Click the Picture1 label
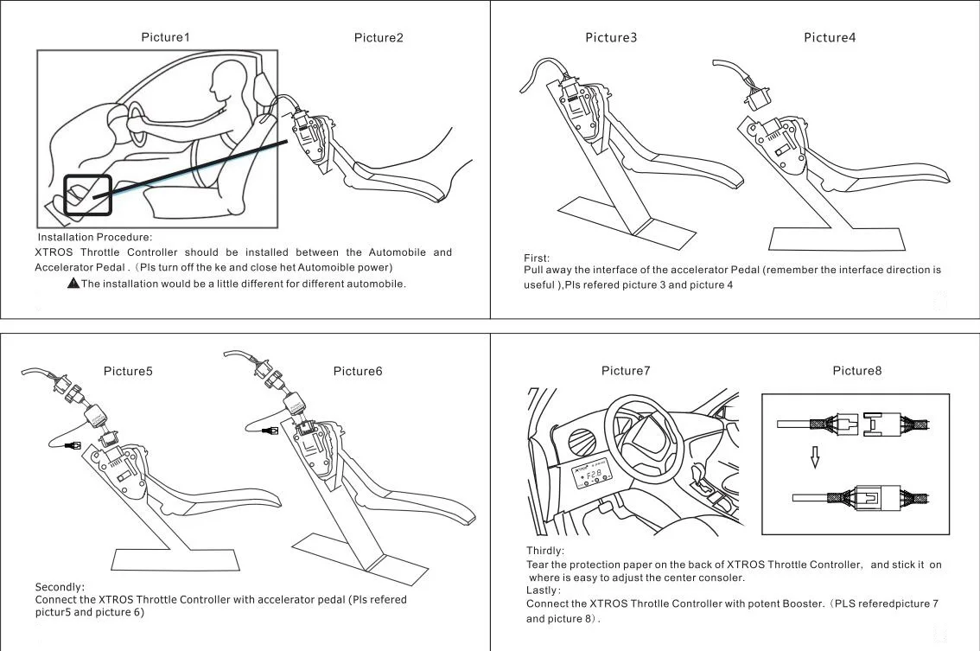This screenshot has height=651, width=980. click(x=165, y=37)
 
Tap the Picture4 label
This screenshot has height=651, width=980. click(x=830, y=37)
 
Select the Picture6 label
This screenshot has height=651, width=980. click(x=357, y=371)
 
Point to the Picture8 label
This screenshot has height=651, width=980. click(x=857, y=371)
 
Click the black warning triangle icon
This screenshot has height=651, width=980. click(x=73, y=284)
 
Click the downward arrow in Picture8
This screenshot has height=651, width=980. click(x=814, y=457)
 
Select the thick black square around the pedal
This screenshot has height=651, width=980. click(x=87, y=195)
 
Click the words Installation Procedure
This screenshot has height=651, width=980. click(x=95, y=237)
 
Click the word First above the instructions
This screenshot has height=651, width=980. click(x=536, y=258)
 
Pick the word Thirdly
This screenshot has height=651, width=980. click(x=545, y=551)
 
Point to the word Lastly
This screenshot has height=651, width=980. click(x=543, y=590)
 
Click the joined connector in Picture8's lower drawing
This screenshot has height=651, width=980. click(x=869, y=497)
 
